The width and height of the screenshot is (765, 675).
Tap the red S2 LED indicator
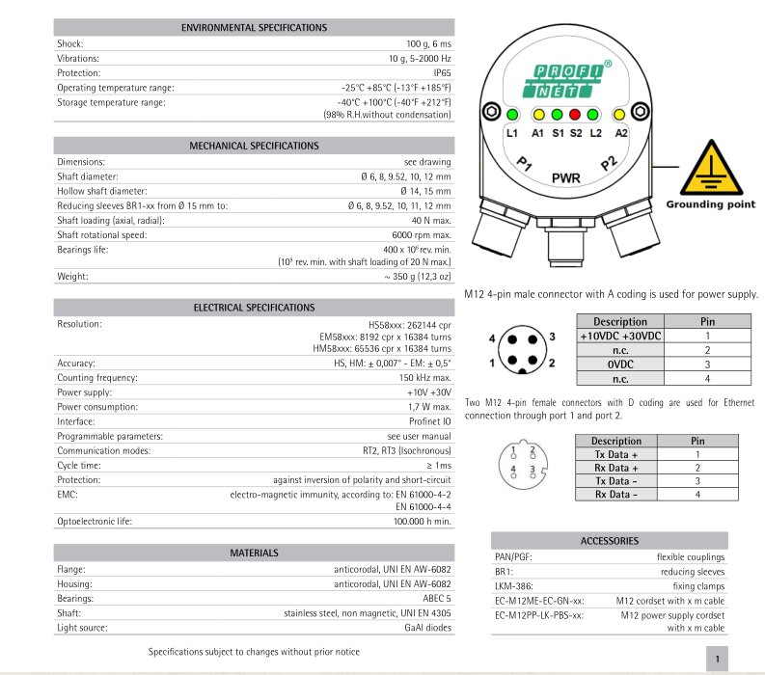(x=576, y=113)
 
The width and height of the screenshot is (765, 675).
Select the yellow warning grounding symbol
(x=711, y=171)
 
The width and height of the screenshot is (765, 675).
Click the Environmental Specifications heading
(x=254, y=28)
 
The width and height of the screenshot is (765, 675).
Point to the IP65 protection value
(x=442, y=72)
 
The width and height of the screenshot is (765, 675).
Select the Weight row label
(x=72, y=277)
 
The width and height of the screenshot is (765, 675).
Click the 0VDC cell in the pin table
(x=620, y=364)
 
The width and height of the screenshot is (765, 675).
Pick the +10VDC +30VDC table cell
(x=620, y=336)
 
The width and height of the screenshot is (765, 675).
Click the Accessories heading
(x=609, y=541)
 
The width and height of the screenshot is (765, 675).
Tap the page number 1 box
(x=719, y=659)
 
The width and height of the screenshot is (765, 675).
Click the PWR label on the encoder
(x=566, y=179)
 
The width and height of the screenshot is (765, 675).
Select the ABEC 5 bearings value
(x=433, y=598)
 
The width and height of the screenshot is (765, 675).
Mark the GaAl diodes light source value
(x=425, y=627)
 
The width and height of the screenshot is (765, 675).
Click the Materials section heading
(x=254, y=553)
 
